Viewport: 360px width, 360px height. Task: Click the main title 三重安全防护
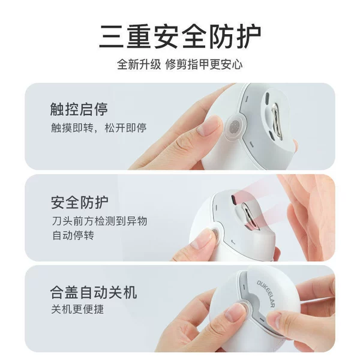pos(180,36)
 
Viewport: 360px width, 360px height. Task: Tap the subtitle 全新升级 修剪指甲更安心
pos(180,65)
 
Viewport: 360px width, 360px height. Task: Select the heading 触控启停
pos(79,109)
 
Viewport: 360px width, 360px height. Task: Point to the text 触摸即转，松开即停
pos(99,128)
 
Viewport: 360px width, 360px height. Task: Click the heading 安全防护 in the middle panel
pos(80,203)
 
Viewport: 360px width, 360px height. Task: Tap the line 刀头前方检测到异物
pos(100,221)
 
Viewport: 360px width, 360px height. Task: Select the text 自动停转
pos(73,236)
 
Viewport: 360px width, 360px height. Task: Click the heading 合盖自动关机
pos(94,293)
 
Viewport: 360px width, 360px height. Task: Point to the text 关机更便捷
pos(77,309)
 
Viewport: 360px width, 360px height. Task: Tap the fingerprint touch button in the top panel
pos(235,126)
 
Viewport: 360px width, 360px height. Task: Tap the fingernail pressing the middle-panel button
pos(203,239)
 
